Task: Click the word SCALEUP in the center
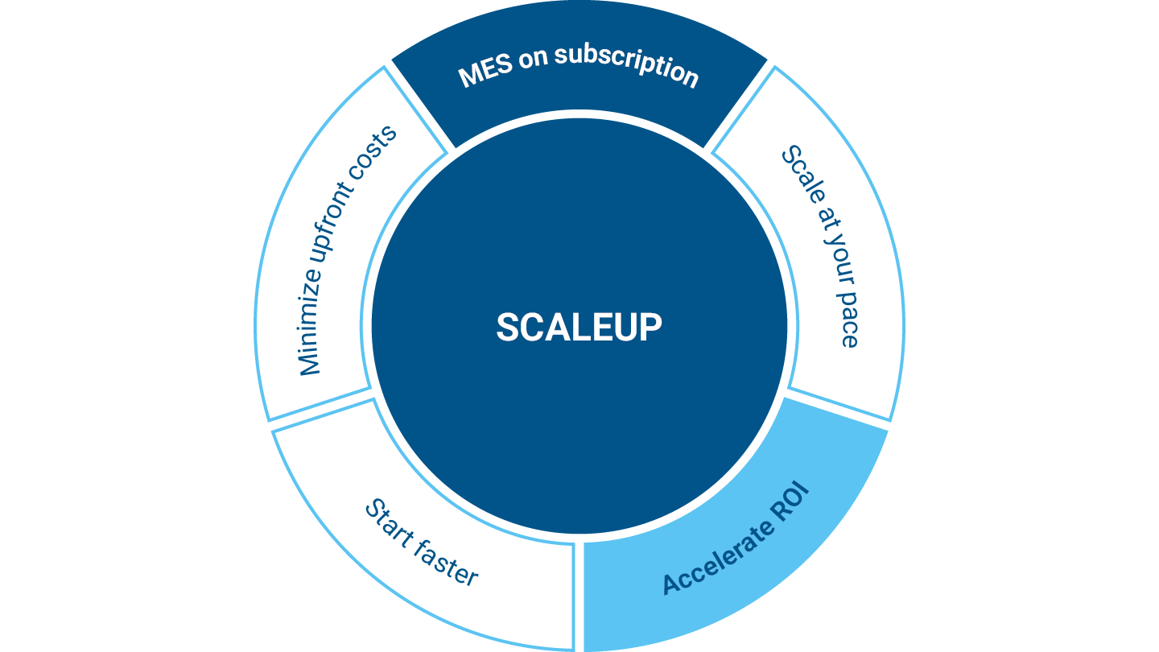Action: pyautogui.click(x=579, y=327)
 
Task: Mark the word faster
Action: pyautogui.click(x=448, y=563)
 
